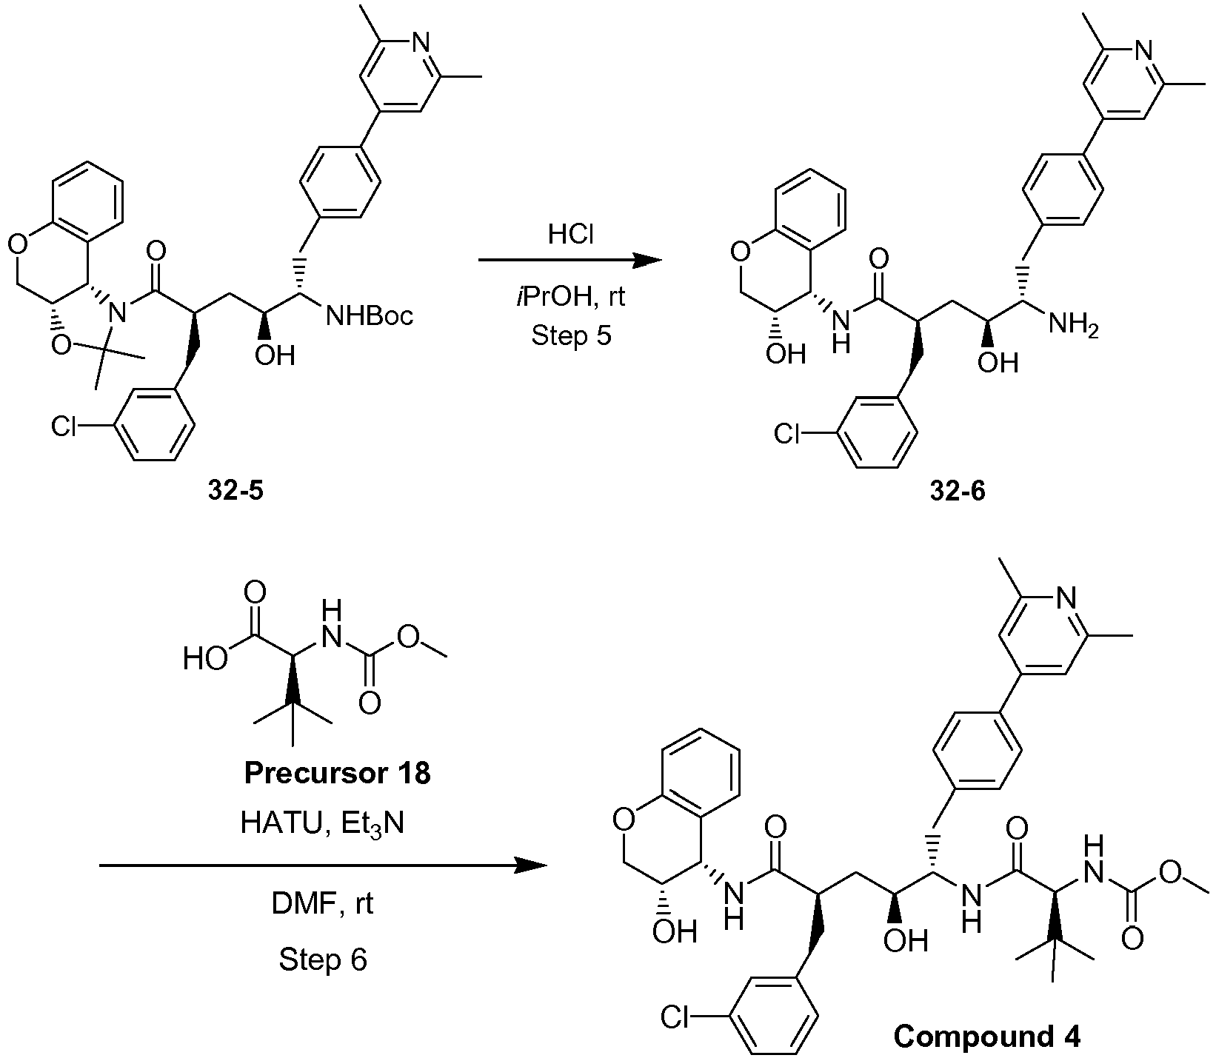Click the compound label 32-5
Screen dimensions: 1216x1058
(233, 489)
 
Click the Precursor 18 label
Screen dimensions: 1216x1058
(338, 774)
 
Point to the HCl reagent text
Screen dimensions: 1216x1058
(571, 235)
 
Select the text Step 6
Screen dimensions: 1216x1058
(323, 960)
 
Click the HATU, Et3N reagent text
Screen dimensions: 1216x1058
(322, 824)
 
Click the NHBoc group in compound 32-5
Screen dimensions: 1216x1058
(370, 316)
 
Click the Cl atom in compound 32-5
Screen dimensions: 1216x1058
(64, 426)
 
